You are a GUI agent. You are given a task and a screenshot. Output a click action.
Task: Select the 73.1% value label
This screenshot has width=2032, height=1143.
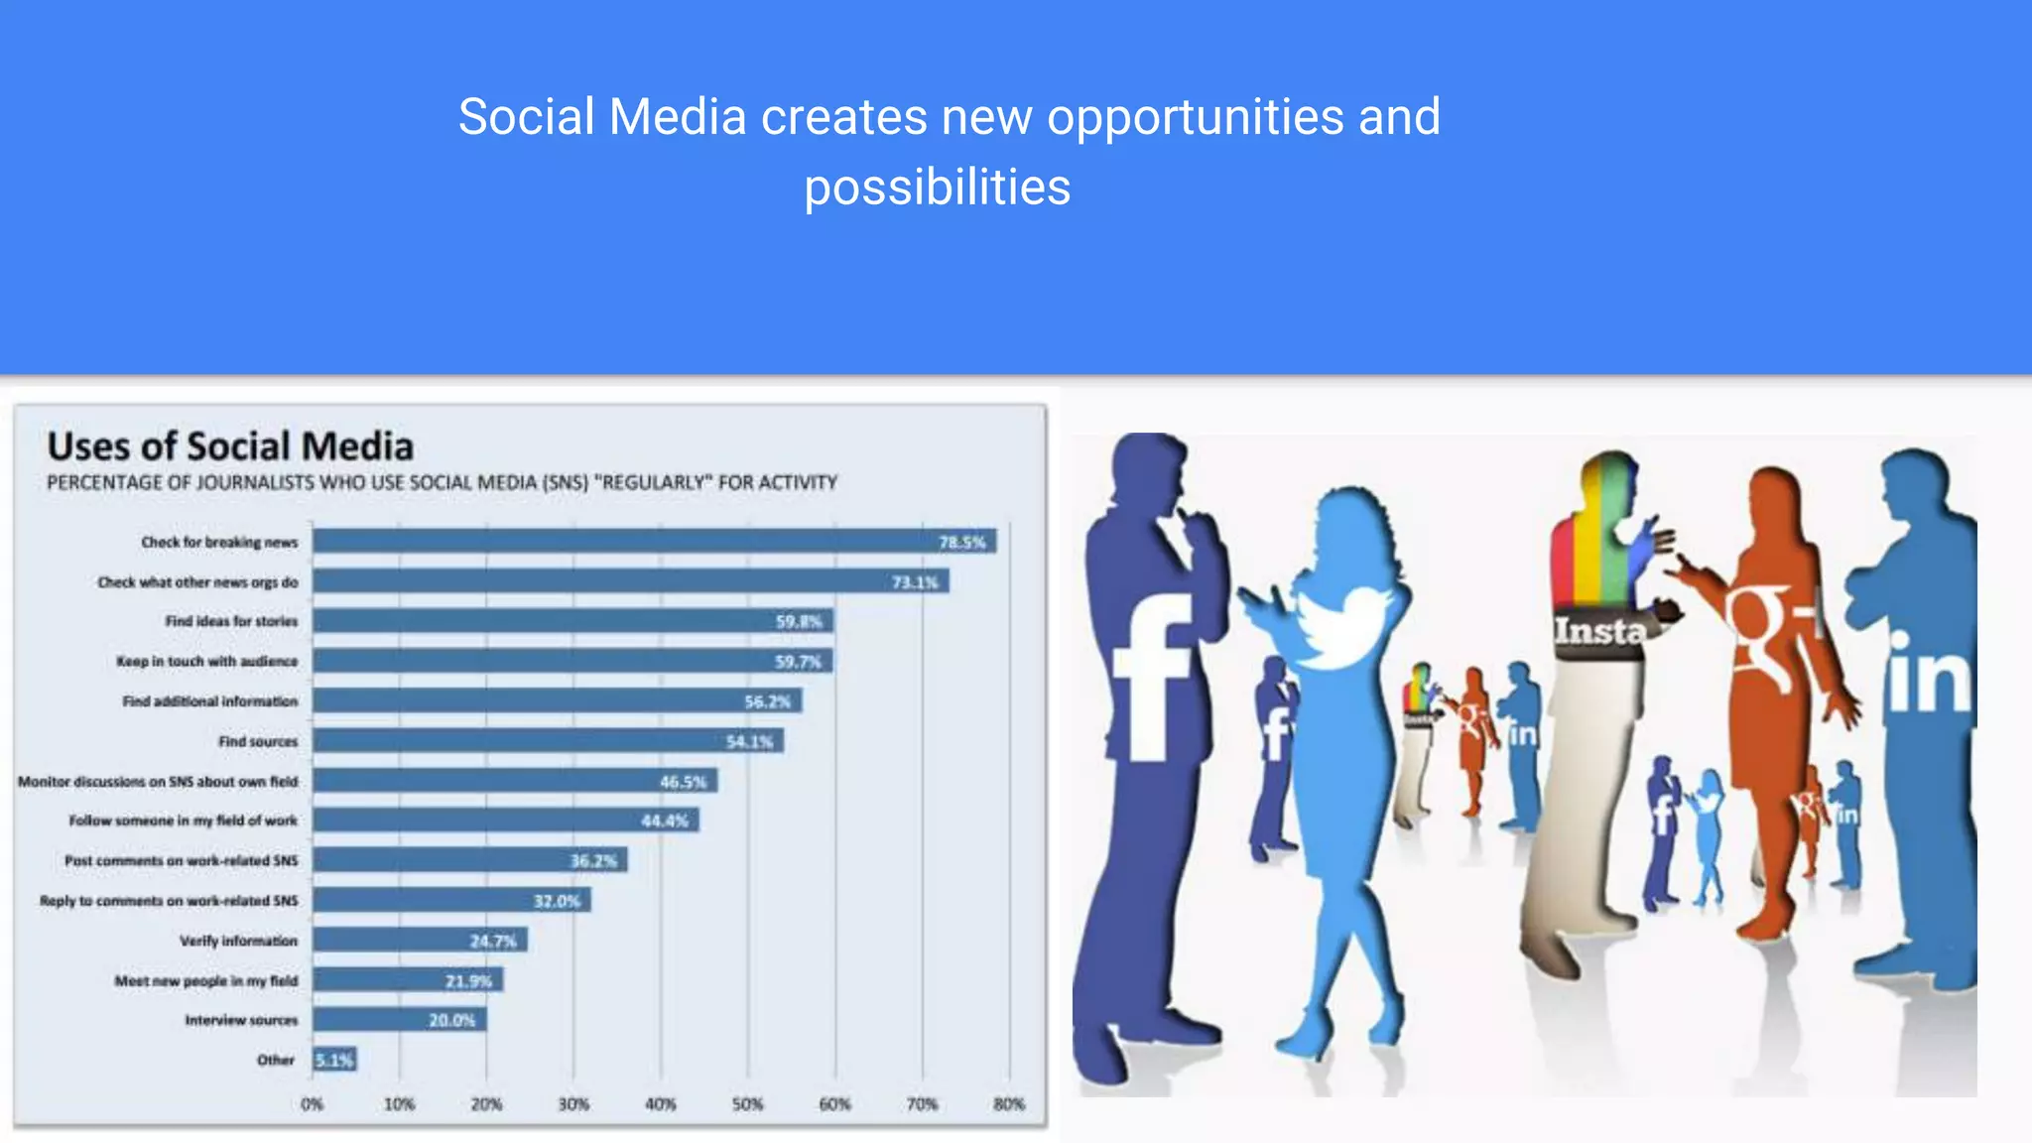pos(914,582)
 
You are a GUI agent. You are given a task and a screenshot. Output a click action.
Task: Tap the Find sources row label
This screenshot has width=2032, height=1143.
pos(258,741)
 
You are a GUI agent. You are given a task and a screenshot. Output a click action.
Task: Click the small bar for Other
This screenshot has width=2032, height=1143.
pos(334,1060)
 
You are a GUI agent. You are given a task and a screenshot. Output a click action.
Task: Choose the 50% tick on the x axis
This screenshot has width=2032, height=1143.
pos(747,1103)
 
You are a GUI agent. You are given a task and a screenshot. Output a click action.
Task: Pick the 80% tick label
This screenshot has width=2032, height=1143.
pos(1008,1103)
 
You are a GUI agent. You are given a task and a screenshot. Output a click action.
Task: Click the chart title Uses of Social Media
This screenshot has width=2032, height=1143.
pos(230,446)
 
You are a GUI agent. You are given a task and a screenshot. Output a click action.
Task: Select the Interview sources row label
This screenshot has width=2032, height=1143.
pos(241,1020)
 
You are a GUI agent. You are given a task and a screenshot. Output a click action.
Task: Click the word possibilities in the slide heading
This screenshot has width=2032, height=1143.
pos(937,188)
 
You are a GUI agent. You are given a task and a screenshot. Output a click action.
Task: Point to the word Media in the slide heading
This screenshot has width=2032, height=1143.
pos(677,117)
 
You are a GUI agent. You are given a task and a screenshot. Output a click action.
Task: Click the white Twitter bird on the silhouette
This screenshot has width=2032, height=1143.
pos(1334,625)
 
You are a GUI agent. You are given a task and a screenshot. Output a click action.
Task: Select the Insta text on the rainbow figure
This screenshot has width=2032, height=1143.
pos(1599,631)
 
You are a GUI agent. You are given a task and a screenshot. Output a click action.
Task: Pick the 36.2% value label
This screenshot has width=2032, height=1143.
pos(592,860)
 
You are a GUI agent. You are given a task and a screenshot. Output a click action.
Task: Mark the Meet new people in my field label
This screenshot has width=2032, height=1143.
pos(205,980)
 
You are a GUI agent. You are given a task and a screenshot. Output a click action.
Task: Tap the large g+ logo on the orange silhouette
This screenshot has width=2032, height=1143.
pos(1771,635)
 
